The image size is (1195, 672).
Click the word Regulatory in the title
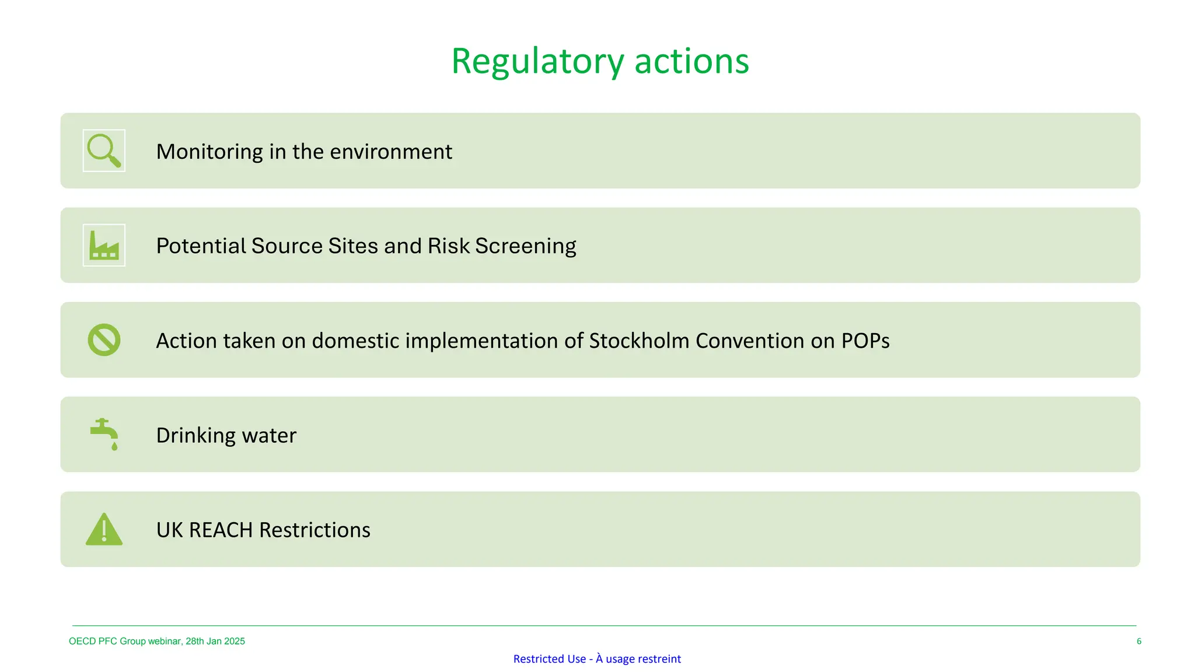point(537,62)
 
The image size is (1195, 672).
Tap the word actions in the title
point(691,62)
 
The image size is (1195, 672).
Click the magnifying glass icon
point(104,150)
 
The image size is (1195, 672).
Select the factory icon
point(104,245)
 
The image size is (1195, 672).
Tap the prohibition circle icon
point(104,340)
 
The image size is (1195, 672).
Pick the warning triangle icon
point(104,530)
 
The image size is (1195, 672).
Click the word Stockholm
point(639,341)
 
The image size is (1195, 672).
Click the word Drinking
point(195,436)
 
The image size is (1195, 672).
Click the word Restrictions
point(315,530)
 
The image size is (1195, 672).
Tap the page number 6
point(1138,641)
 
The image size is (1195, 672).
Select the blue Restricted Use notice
point(597,659)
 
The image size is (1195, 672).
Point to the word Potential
point(200,246)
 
